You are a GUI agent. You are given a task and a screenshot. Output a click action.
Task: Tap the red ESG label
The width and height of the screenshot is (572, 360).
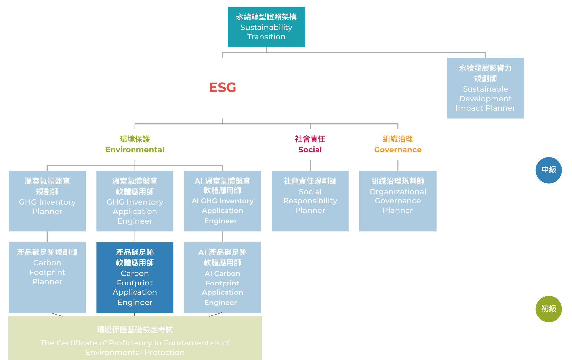[223, 87]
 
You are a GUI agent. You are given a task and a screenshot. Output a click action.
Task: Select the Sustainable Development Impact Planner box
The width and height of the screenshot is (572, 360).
[485, 88]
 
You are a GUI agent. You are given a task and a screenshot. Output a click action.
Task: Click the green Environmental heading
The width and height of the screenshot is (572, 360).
[135, 150]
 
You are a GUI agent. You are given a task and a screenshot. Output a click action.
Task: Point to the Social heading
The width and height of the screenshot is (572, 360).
[310, 150]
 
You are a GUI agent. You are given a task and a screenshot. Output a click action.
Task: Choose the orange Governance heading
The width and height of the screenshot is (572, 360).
[398, 150]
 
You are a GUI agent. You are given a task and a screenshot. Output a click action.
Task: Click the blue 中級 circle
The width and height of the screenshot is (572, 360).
[549, 170]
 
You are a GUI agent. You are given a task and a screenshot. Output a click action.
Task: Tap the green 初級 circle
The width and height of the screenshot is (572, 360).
[549, 309]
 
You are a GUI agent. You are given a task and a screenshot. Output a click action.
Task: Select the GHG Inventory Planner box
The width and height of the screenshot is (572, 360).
[47, 201]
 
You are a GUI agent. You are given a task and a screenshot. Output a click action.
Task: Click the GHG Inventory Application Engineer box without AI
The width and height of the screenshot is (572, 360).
[135, 201]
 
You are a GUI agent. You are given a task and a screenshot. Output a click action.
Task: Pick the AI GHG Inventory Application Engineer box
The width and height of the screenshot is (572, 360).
[223, 201]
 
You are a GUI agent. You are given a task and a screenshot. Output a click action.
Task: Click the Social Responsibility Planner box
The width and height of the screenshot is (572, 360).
[310, 201]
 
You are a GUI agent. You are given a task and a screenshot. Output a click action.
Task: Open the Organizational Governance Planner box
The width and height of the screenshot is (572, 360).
[398, 201]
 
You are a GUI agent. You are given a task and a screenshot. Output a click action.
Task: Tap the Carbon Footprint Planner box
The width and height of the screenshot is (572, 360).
[47, 277]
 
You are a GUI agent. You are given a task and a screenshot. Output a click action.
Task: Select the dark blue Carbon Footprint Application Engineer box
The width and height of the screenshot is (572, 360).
[135, 277]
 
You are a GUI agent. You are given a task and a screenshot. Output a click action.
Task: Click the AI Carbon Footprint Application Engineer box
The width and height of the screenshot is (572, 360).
[223, 277]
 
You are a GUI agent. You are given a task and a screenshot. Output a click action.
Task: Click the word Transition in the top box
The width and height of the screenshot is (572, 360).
[266, 37]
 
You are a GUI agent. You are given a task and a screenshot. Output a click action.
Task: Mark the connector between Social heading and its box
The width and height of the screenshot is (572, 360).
[310, 165]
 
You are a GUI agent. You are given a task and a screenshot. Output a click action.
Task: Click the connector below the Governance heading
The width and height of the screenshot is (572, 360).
[398, 165]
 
